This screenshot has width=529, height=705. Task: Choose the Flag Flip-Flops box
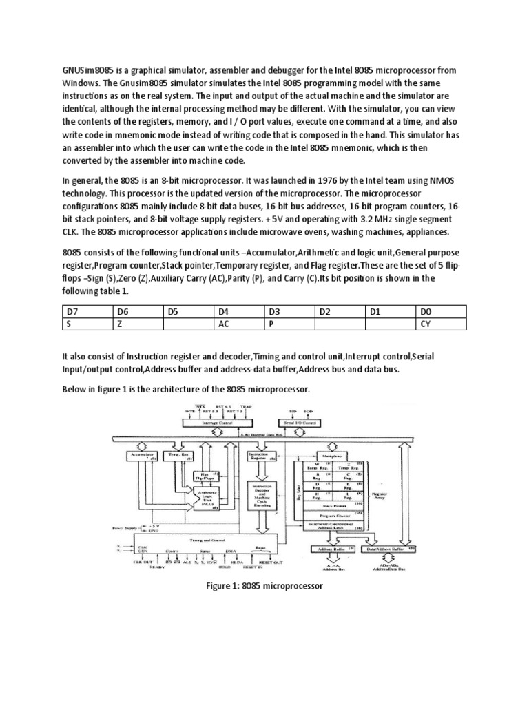click(205, 476)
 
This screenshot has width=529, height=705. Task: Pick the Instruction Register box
click(262, 456)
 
